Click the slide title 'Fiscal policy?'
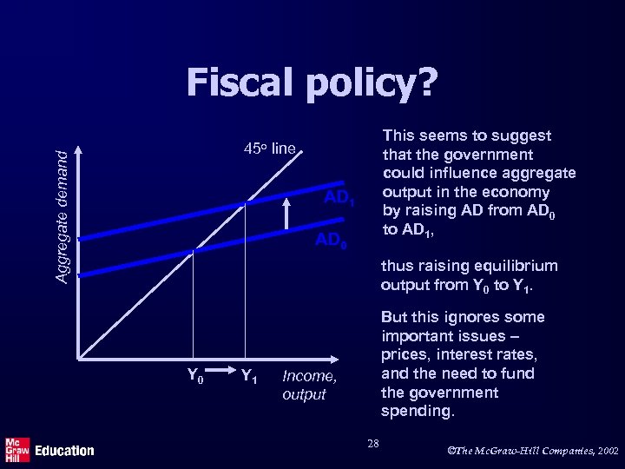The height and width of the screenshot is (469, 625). point(312,84)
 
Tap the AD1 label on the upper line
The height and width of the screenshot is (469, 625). point(339,200)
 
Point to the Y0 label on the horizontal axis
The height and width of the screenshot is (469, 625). point(196,375)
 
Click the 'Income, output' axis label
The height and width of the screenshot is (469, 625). point(309,385)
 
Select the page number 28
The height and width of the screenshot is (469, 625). point(373,444)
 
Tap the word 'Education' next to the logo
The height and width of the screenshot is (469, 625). point(64,450)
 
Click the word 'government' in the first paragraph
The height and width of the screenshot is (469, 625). point(488,154)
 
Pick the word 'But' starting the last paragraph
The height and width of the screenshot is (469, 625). point(396,317)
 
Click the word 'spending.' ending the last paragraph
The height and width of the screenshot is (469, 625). point(418,411)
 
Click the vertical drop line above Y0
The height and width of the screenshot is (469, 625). point(192,304)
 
